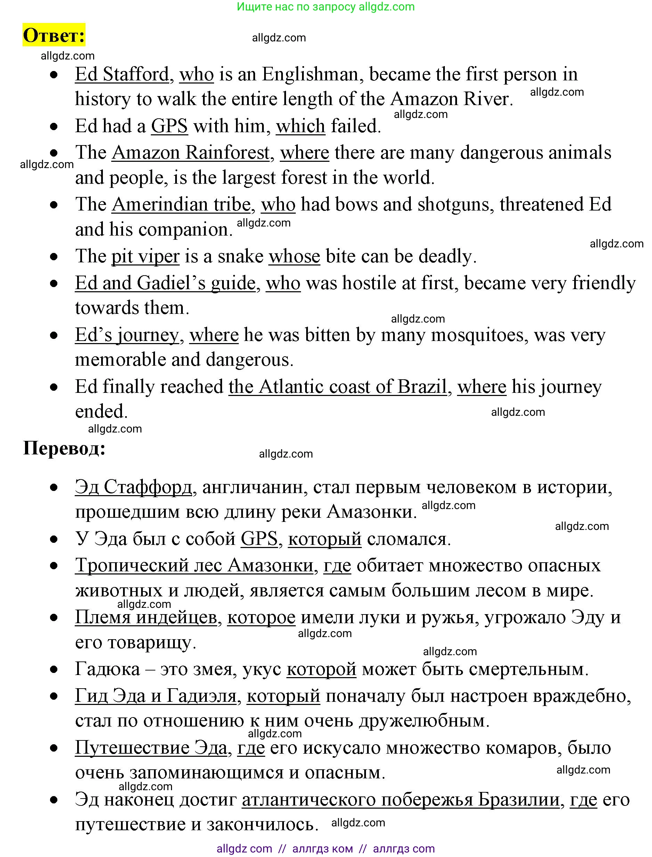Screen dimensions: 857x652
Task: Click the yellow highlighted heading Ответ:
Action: (x=54, y=35)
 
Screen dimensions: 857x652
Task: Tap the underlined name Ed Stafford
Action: (x=122, y=74)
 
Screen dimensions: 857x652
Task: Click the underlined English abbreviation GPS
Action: (x=169, y=126)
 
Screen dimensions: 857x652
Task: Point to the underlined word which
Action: (x=300, y=126)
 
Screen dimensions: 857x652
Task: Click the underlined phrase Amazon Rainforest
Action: (x=190, y=152)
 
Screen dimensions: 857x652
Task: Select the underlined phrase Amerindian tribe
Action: (x=181, y=204)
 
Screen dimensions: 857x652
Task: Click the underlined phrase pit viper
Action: (x=145, y=256)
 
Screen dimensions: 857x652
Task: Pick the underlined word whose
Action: (x=294, y=256)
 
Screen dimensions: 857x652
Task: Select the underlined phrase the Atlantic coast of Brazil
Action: (x=338, y=387)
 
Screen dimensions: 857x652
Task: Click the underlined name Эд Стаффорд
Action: (x=133, y=487)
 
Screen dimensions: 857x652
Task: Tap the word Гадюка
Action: (x=107, y=669)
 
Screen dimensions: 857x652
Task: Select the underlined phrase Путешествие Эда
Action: (x=151, y=747)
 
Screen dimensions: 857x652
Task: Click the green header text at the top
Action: (x=326, y=7)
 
